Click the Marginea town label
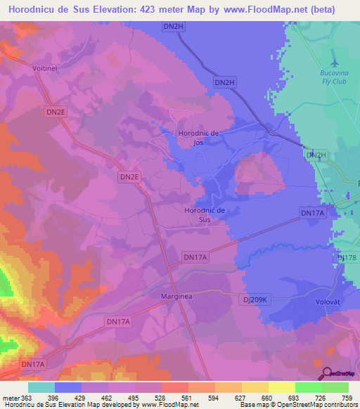(x=176, y=297)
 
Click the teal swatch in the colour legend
(x=41, y=387)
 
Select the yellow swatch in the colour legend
(x=281, y=387)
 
